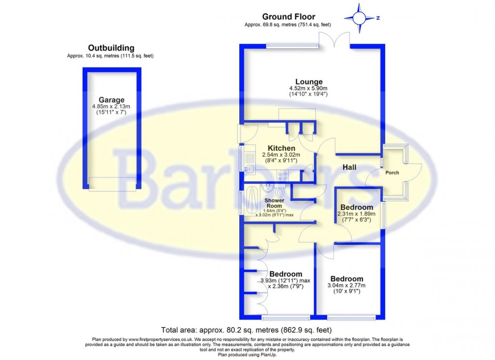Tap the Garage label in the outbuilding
click(x=112, y=100)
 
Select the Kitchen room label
click(x=281, y=148)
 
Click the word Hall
click(x=349, y=167)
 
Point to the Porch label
click(x=392, y=173)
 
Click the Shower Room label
click(x=274, y=203)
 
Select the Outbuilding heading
click(x=111, y=48)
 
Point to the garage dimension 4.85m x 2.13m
click(x=111, y=107)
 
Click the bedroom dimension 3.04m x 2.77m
click(x=346, y=286)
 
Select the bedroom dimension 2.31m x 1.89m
click(x=357, y=214)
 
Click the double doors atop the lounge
click(x=334, y=40)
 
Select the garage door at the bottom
click(x=112, y=183)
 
